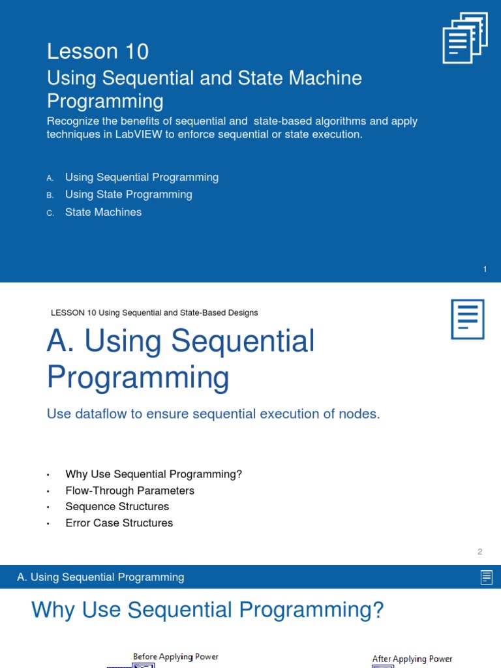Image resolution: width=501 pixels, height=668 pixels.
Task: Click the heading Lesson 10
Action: [x=98, y=52]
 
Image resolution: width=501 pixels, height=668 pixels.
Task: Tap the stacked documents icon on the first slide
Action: [x=465, y=38]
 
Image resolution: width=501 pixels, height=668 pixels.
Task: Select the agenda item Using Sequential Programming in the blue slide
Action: [x=142, y=177]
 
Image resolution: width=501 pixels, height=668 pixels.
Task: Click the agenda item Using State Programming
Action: [x=129, y=194]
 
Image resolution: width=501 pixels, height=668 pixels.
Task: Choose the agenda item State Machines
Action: [x=103, y=212]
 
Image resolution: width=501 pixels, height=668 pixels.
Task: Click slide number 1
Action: [x=485, y=269]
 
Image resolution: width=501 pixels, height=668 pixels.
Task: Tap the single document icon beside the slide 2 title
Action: [x=468, y=319]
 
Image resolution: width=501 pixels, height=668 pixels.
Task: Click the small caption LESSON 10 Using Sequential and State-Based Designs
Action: [x=154, y=313]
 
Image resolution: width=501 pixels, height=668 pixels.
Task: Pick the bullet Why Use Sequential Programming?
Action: [x=153, y=474]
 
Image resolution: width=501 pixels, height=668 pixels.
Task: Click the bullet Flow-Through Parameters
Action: [x=130, y=491]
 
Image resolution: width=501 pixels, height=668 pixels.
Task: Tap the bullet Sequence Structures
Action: [x=117, y=507]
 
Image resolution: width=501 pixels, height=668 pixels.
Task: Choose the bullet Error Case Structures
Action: [x=119, y=523]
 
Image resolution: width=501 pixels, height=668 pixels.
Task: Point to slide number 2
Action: [x=479, y=552]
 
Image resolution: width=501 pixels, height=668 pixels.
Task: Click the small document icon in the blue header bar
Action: [x=486, y=577]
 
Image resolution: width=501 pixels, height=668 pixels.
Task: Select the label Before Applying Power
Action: [x=175, y=657]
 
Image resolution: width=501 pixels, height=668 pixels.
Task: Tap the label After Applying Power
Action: [x=412, y=659]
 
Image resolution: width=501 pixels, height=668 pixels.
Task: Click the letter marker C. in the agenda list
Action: [x=50, y=213]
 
